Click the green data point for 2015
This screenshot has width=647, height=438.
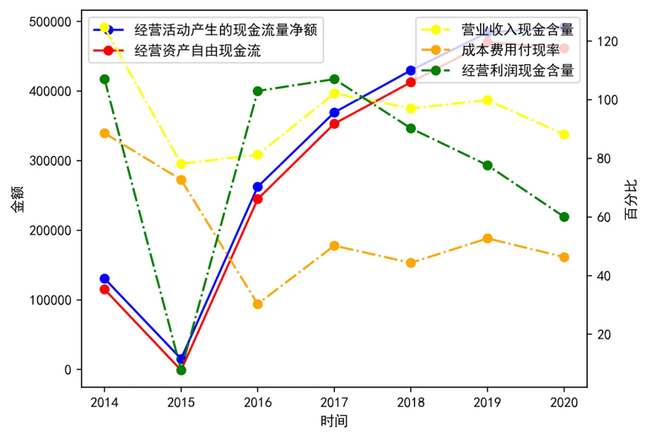181,370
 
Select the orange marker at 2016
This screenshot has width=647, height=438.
258,304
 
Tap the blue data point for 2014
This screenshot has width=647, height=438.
104,279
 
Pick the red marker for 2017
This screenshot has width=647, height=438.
334,123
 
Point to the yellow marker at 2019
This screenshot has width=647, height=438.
487,100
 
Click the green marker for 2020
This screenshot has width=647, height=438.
564,217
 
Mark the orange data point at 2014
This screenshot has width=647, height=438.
104,133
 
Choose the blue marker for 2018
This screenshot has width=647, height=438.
410,71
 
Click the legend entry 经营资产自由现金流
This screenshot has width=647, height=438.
198,50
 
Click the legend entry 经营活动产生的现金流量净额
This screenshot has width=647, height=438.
225,29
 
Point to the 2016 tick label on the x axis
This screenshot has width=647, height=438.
258,402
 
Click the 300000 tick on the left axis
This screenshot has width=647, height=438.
54,161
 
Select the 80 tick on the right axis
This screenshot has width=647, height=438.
600,159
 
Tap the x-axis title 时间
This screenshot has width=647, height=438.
334,421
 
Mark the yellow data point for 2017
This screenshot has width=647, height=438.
334,93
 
